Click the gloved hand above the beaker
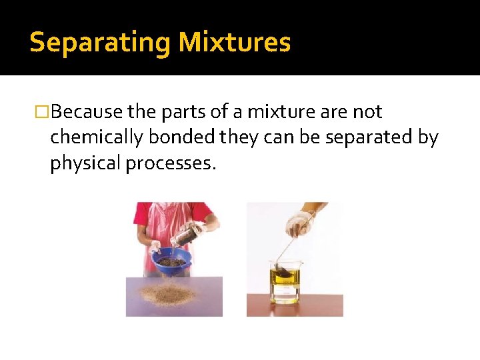click(x=299, y=224)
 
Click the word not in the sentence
click(x=366, y=112)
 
